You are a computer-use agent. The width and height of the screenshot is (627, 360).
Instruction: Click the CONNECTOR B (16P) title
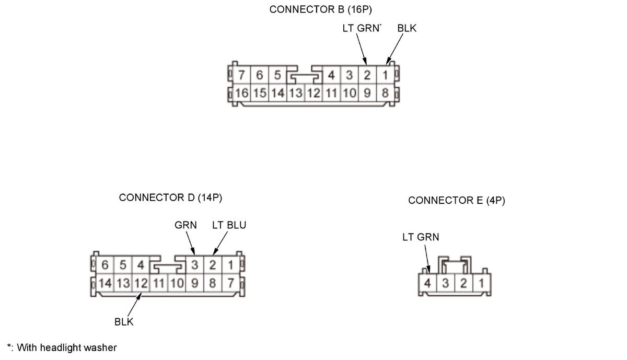pos(321,9)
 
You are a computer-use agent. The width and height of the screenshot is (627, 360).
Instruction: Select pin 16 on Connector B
pos(242,94)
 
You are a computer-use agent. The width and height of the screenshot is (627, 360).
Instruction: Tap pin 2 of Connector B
pos(367,76)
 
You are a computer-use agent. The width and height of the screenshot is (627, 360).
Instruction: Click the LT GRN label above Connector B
pos(361,28)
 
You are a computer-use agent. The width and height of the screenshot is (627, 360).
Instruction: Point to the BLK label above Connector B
pos(407,28)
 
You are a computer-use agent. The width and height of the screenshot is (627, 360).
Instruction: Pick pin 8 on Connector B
pos(385,94)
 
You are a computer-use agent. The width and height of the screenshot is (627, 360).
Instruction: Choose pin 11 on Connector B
pos(331,94)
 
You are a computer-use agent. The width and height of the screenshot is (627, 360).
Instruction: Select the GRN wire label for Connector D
pos(185,225)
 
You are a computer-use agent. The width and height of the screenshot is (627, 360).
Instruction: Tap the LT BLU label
pos(229,225)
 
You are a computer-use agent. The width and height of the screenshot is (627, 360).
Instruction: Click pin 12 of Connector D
pos(141,284)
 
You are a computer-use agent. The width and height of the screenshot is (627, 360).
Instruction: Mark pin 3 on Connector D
pos(194,265)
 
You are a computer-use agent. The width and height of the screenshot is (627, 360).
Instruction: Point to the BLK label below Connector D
pos(124,322)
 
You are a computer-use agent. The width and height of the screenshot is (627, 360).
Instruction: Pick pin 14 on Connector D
pos(105,284)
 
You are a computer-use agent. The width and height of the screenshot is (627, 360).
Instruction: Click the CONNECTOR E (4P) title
pos(457,200)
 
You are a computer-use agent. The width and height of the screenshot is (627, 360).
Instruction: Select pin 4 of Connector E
pos(428,284)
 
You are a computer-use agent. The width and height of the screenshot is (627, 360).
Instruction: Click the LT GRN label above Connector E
pos(421,237)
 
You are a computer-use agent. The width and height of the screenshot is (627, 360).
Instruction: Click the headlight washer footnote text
pos(62,347)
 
